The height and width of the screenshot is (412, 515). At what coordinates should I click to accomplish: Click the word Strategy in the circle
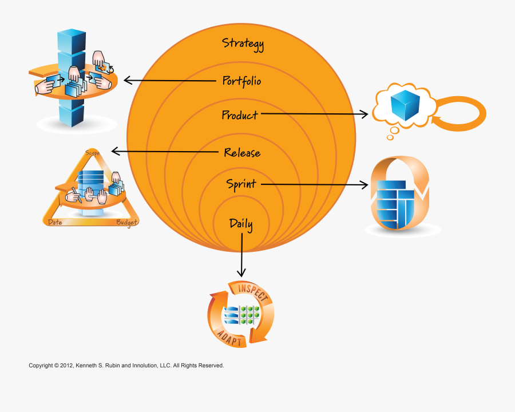point(243,44)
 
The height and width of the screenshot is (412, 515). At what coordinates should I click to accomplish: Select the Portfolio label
point(241,81)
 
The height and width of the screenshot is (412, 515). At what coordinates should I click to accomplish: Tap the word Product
point(240,115)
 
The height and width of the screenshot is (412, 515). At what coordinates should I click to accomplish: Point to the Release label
point(242,153)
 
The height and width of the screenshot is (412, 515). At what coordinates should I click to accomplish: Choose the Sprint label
point(241,184)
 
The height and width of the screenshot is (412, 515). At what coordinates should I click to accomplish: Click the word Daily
point(241,223)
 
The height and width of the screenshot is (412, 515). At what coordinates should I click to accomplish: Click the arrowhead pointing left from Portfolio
point(127,81)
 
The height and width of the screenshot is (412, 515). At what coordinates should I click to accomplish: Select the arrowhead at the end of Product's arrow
point(366,114)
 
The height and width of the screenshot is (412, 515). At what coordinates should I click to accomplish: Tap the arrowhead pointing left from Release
point(114,151)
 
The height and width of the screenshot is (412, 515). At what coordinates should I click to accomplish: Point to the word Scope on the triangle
point(93,153)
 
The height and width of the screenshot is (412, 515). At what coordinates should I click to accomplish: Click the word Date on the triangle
point(55,222)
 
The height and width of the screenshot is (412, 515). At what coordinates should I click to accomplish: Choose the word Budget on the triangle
point(127,223)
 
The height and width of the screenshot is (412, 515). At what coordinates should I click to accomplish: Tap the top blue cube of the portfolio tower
point(72,41)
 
